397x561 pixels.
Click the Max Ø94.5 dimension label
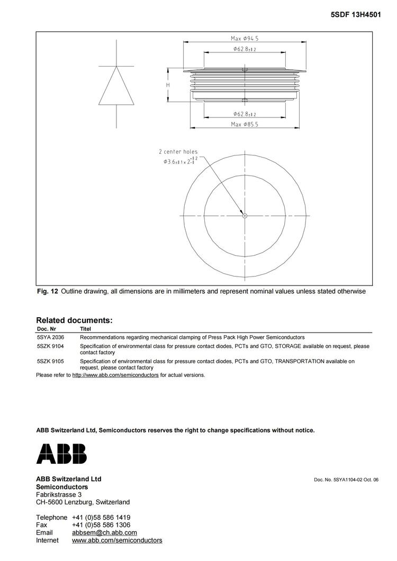coord(245,38)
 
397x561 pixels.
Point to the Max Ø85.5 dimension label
coord(245,124)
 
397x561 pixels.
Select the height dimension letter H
coord(168,85)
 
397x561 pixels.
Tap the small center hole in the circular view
coord(245,216)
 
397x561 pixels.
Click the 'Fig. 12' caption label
coord(47,291)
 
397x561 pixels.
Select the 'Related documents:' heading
coord(74,320)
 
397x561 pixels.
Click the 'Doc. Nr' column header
coord(46,329)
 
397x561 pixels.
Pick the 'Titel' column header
coord(85,329)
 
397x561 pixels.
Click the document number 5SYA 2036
coord(50,337)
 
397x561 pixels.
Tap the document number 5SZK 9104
coord(50,346)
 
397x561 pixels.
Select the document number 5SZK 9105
coord(50,362)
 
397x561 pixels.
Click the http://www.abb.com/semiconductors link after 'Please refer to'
coord(115,375)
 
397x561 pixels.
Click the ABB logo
coord(61,454)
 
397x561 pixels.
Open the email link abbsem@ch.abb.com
coord(104,532)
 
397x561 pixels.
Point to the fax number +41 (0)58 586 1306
coord(101,525)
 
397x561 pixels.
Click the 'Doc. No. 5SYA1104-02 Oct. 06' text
coord(346,480)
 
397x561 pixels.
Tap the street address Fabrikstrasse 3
coord(59,494)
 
